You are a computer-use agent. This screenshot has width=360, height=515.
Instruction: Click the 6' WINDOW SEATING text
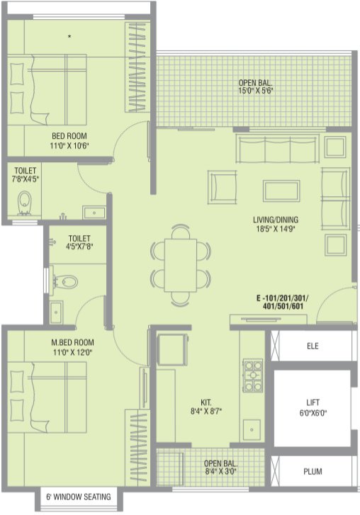[x=78, y=497]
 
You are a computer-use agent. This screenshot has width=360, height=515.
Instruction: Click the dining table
[x=181, y=265]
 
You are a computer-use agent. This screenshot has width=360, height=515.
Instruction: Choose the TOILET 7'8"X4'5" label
[x=25, y=175]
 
